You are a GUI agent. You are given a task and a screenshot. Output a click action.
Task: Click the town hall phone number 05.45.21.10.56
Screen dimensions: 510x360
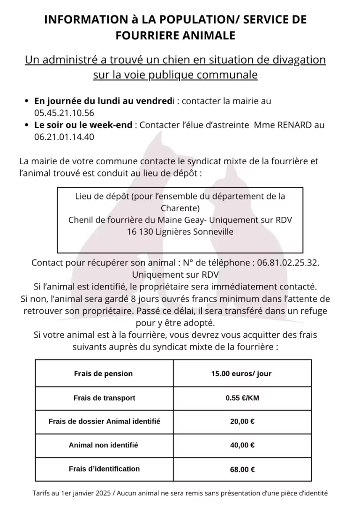pos(64,113)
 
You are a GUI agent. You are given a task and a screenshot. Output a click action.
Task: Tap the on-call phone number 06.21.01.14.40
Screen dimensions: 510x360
pos(64,137)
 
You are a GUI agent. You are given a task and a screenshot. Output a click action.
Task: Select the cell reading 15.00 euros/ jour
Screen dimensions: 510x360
pos(241,374)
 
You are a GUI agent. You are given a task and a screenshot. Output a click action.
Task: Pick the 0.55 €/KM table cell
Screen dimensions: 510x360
pos(242,398)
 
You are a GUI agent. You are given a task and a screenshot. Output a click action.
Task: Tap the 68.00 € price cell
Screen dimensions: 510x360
pos(242,469)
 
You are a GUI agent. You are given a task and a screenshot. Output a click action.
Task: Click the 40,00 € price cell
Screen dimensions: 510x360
pos(242,445)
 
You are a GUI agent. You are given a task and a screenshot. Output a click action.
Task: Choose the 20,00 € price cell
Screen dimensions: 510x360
pos(242,421)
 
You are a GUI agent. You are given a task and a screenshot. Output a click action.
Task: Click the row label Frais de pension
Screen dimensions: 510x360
pos(104,374)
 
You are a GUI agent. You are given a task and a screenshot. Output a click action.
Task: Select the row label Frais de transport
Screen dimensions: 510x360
pos(104,398)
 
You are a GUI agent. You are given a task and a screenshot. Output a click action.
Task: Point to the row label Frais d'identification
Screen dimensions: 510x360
pos(104,469)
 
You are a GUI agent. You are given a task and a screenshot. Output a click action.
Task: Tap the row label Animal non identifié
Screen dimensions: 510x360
pos(104,445)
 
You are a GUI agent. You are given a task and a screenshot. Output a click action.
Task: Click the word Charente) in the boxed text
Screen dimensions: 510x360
pos(180,208)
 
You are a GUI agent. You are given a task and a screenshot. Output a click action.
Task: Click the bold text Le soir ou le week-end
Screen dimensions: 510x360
pos(83,125)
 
